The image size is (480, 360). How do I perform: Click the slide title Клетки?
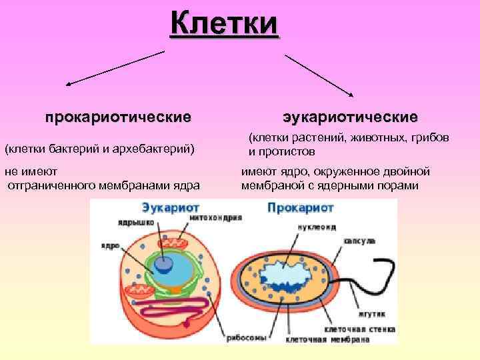pos(224,25)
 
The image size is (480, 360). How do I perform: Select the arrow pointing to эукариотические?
pos(325,74)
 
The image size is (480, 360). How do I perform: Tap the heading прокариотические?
pos(118,117)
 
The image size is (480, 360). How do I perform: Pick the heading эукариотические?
pos(349,117)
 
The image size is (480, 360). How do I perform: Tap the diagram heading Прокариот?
pos(296,207)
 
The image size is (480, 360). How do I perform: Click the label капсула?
pos(359,240)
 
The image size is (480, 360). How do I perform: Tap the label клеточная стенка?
pos(360,329)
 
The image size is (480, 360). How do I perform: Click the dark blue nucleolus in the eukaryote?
pos(163,264)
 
